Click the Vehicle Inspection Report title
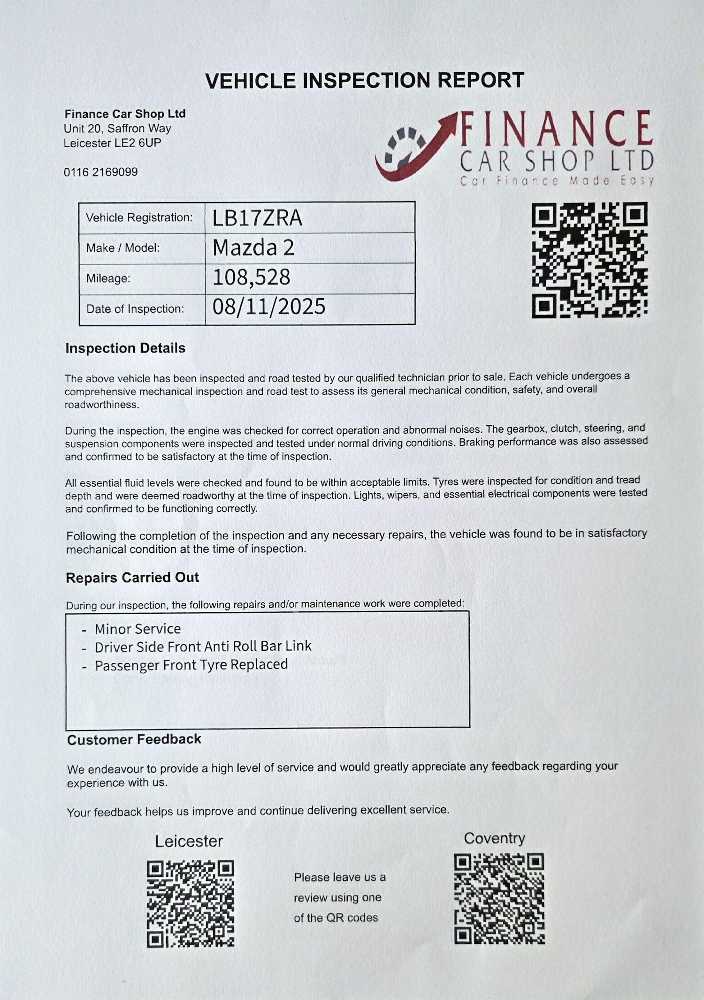[364, 81]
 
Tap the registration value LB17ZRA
[257, 218]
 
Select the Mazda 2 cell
[253, 248]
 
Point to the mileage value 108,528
[251, 278]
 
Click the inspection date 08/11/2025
[268, 307]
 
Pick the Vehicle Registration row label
[139, 218]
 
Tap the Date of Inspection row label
[135, 309]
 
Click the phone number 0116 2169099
[101, 172]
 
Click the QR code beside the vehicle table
[589, 260]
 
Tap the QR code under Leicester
[191, 903]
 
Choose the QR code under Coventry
[499, 898]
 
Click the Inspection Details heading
[125, 348]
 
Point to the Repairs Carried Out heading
[132, 578]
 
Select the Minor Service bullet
[138, 629]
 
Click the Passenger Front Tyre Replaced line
[191, 665]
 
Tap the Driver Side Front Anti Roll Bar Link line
[203, 647]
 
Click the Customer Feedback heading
[134, 739]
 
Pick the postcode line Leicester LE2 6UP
[112, 143]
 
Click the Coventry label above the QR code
[494, 838]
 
